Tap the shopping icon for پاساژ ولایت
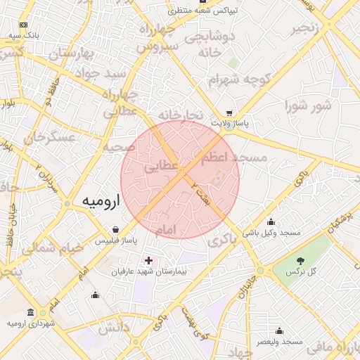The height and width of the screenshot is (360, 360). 229,112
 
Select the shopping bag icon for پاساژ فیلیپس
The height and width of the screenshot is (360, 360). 115,229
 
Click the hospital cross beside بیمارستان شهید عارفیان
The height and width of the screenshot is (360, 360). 148,260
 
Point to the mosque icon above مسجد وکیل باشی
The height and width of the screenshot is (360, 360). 271,222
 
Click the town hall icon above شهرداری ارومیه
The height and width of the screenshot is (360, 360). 30,312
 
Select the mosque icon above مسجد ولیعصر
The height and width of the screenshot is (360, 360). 279,330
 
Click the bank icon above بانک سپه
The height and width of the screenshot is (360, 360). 29,23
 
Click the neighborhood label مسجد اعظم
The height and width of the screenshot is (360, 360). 235,158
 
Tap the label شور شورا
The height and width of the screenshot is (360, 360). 308,106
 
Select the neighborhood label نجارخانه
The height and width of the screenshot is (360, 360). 180,115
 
